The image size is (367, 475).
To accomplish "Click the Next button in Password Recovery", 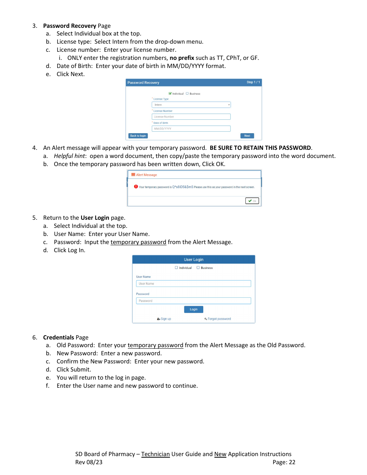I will coord(247,136).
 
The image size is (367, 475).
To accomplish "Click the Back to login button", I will coord(138,136).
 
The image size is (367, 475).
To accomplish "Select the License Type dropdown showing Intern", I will coord(191,105).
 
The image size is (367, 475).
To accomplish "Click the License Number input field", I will coord(191,117).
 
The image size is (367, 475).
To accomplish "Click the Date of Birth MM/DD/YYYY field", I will coord(191,129).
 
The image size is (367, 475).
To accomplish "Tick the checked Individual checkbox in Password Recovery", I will coord(170,93).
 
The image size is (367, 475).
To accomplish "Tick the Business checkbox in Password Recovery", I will coord(187,93).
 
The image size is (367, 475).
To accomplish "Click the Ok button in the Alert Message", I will coord(252,201).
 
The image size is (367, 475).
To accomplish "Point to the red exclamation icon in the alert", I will coord(136,187).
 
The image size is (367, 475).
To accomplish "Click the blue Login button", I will coord(194,309).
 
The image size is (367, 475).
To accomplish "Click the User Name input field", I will coord(194,283).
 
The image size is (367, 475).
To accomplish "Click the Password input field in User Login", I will coord(194,301).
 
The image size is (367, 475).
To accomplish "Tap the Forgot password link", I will coord(218,319).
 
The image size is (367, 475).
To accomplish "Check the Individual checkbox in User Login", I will coord(176,268).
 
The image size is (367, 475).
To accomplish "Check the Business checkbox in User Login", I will coord(198,268).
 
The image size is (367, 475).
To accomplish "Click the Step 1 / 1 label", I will coord(253,82).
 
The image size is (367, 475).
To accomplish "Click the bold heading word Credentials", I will coord(58,337).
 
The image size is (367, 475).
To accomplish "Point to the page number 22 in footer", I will coord(292,462).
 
